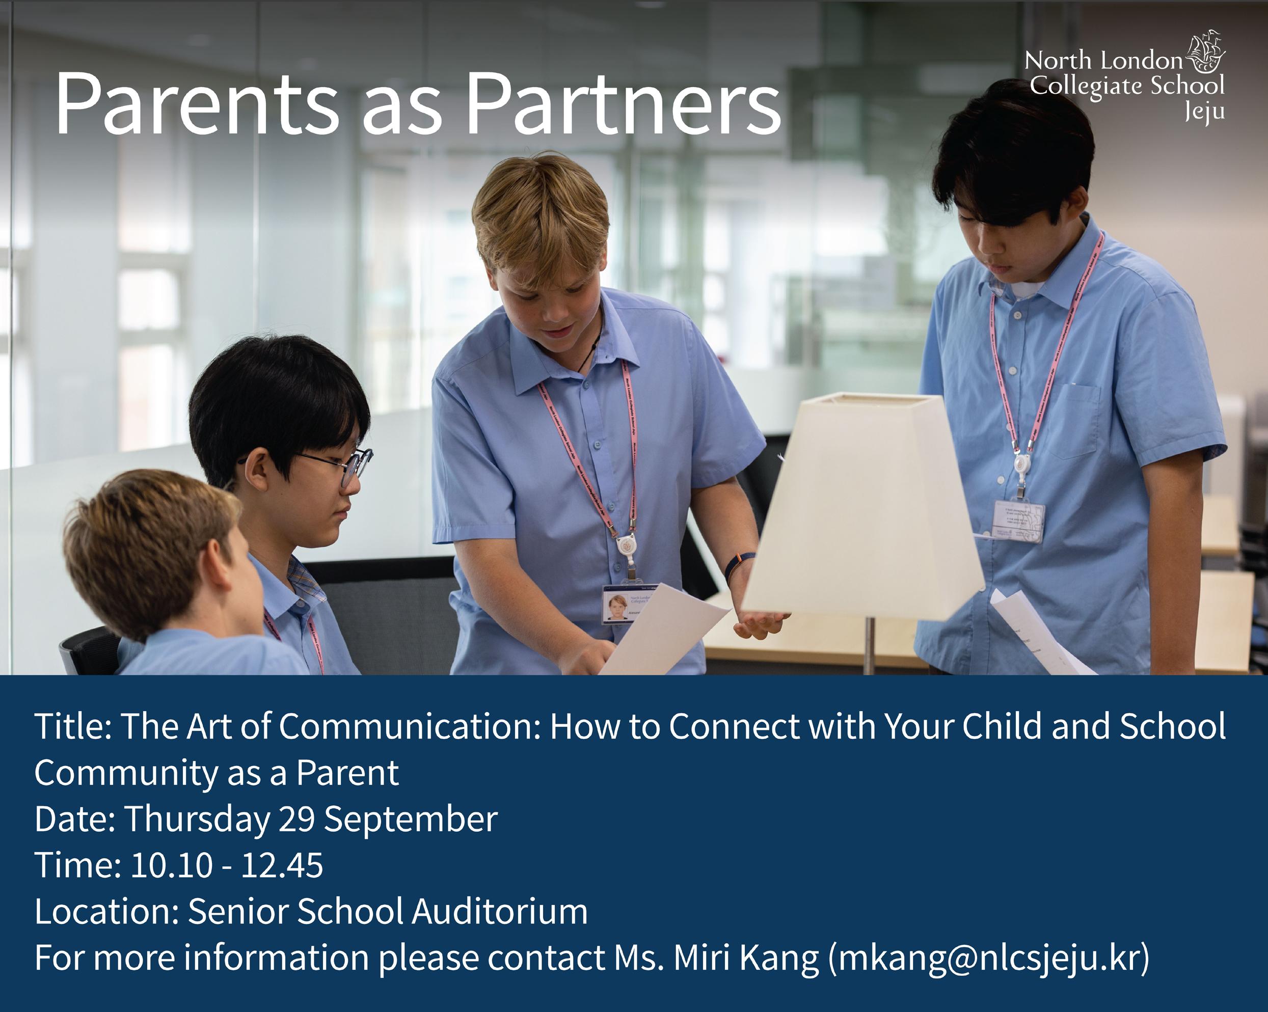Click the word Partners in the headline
pos(622,104)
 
